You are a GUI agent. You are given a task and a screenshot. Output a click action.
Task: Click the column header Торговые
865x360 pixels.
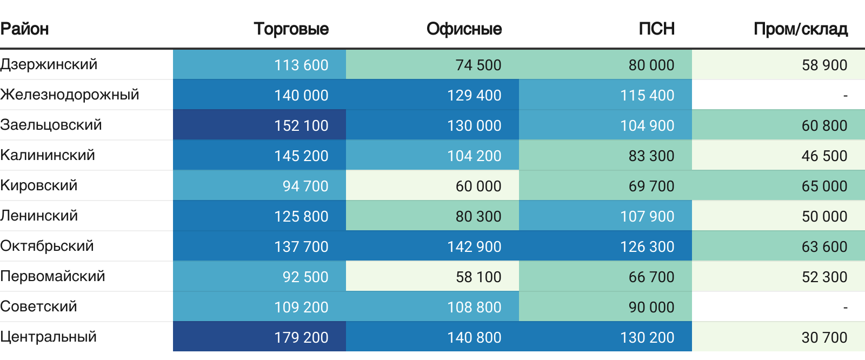point(291,29)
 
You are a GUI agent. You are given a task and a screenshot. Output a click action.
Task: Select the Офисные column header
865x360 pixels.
point(464,29)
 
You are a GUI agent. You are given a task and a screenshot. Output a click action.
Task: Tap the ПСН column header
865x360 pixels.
point(656,29)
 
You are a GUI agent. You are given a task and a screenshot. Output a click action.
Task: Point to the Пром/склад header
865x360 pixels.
point(800,29)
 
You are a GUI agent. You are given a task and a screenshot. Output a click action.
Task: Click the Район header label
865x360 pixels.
point(24,29)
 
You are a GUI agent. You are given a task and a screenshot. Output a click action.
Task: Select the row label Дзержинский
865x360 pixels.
point(49,64)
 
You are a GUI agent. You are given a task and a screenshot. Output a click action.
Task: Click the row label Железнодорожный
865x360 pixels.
point(69,95)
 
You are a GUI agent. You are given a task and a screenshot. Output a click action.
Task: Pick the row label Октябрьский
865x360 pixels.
point(47,246)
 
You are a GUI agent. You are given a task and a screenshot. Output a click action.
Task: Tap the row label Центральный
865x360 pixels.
point(48,337)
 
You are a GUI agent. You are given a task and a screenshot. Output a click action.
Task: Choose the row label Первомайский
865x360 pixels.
point(52,276)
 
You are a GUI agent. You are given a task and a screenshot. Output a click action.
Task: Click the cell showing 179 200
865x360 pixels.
point(301,337)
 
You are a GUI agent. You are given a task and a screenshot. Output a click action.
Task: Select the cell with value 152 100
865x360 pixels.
point(301,125)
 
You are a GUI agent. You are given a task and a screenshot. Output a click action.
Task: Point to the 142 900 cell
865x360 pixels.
point(474,246)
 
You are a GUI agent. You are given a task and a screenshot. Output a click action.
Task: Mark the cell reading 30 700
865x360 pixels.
point(824,337)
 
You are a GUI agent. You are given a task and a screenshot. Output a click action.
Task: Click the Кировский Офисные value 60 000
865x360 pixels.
point(478,186)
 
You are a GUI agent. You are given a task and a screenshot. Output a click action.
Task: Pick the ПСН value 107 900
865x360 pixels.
point(647,216)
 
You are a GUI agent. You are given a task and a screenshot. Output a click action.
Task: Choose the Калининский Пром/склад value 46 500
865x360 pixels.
point(824,156)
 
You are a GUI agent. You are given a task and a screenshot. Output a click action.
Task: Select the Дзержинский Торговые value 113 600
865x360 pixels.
point(301,65)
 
